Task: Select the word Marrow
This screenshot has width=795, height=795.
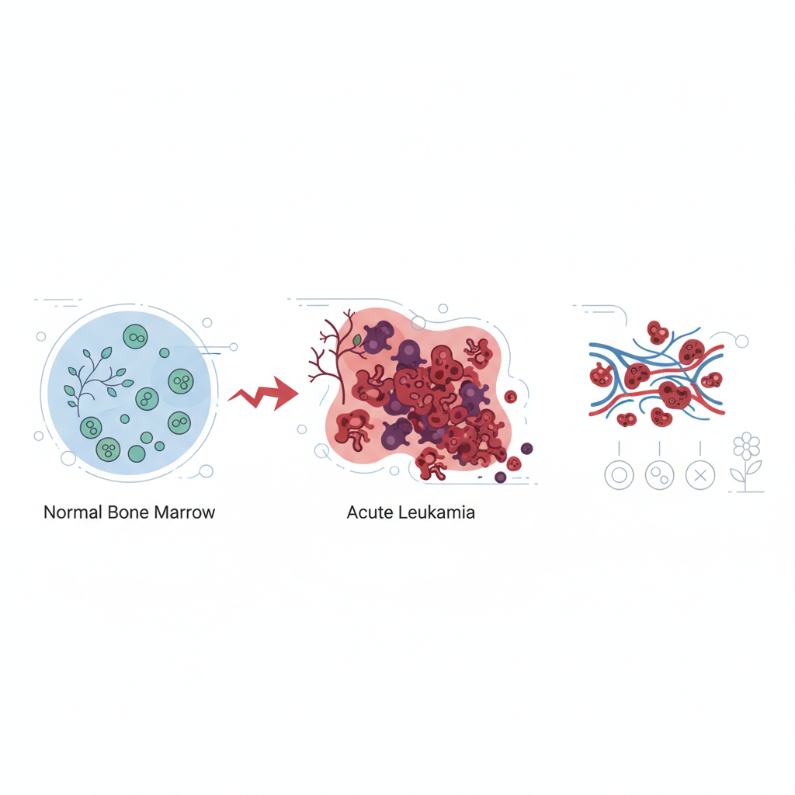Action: coord(185,512)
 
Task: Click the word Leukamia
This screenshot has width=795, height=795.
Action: coord(436,512)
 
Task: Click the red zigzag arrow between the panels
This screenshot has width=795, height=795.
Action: coord(263,394)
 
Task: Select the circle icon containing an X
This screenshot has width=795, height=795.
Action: coord(700,476)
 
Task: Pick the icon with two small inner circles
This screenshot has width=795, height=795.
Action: coord(660,476)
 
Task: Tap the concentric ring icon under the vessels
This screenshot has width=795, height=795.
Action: coord(619,476)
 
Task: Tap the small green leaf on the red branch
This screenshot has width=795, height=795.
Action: coord(357,340)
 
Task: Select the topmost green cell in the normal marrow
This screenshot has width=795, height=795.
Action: coord(135,337)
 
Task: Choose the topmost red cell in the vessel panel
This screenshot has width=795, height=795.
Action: coord(658,332)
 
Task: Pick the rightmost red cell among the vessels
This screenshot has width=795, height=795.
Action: coord(711,380)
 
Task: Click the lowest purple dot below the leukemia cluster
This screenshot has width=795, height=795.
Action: coord(501,477)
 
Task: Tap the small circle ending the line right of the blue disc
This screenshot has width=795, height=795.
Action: coord(234,347)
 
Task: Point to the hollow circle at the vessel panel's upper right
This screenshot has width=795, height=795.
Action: coord(741,342)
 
